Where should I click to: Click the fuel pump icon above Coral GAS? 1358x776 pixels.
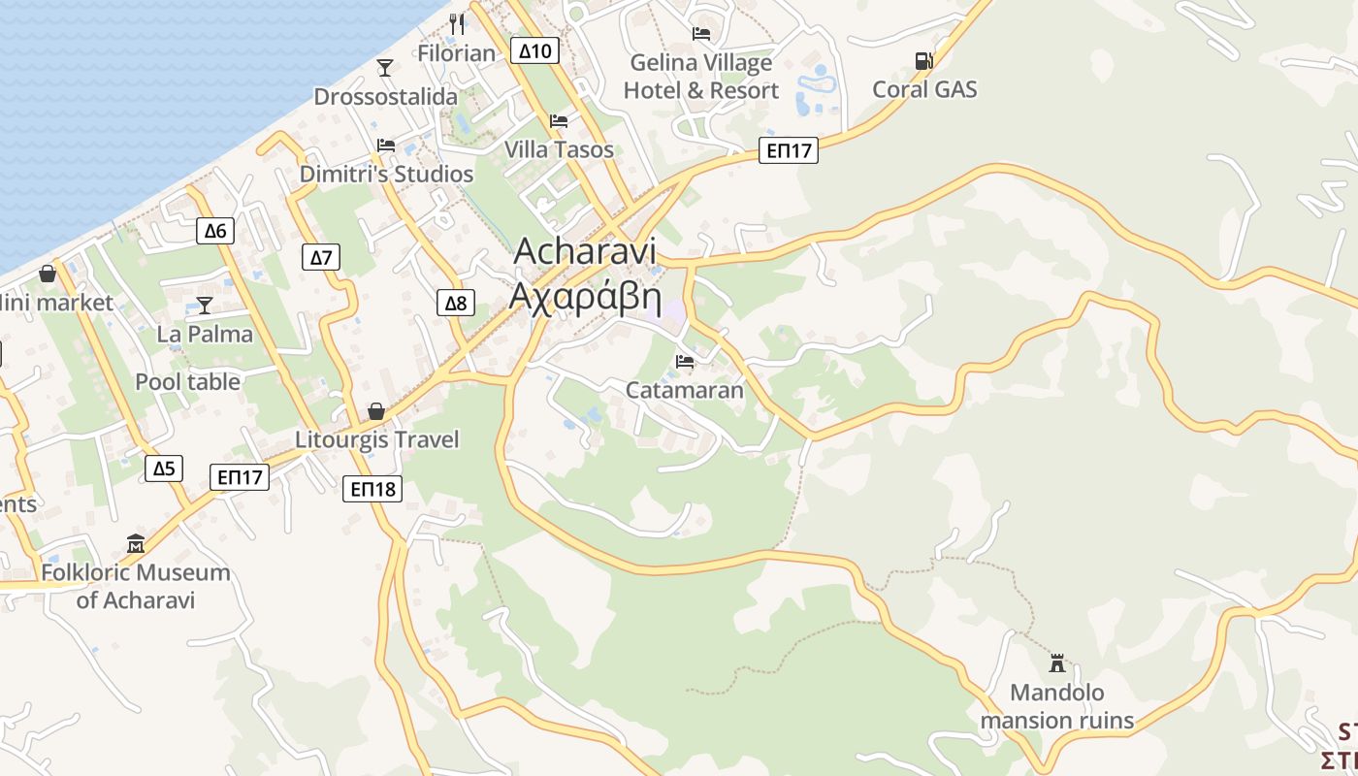click(923, 60)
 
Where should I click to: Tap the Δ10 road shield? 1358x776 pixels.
click(535, 50)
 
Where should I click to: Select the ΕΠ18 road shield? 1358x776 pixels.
click(372, 489)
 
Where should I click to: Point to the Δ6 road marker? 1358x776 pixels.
click(215, 231)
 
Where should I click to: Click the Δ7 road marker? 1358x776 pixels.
click(321, 257)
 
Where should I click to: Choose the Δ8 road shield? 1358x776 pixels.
click(455, 303)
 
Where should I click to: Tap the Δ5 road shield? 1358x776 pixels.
click(164, 469)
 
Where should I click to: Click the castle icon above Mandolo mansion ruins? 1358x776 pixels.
click(1057, 663)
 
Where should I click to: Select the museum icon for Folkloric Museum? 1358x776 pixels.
click(136, 543)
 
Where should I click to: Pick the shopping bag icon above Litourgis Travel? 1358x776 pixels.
click(376, 411)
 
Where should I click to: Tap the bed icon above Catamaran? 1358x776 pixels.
click(685, 362)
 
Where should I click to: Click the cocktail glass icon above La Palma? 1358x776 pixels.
click(204, 306)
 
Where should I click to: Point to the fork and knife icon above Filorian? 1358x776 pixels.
click(457, 24)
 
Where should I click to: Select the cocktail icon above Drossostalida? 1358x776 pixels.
click(385, 67)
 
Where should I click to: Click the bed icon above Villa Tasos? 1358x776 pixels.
click(559, 121)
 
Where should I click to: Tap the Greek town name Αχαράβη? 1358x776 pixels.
click(585, 295)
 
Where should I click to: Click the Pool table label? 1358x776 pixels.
click(187, 382)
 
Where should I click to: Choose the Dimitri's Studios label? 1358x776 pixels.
click(386, 175)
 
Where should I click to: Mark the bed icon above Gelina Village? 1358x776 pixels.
click(700, 34)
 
